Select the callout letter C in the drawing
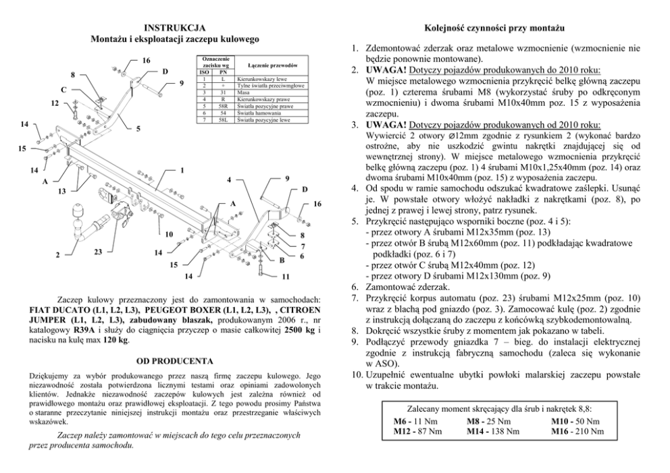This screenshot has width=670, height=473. pyautogui.click(x=63, y=90)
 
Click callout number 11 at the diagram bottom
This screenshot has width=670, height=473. pyautogui.click(x=286, y=277)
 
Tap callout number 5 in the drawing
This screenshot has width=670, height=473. pyautogui.click(x=138, y=128)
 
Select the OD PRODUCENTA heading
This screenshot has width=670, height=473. pyautogui.click(x=175, y=361)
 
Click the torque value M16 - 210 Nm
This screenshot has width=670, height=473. pyautogui.click(x=577, y=430)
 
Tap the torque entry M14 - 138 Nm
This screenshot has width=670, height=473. pyautogui.click(x=493, y=430)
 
